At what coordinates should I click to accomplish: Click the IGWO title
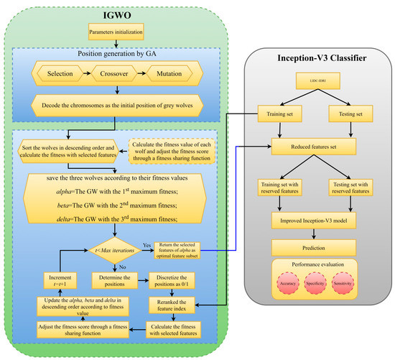[116, 13]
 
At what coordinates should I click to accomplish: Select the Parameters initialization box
[116, 32]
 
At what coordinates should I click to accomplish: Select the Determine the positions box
[117, 280]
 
